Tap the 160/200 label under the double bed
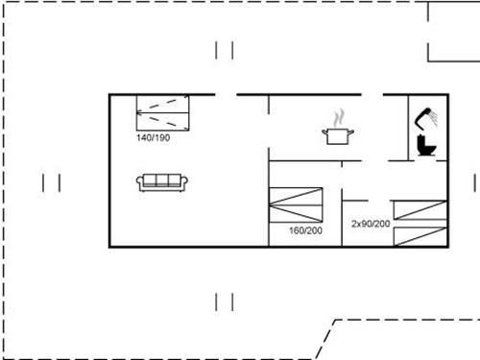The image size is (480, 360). [x=304, y=230]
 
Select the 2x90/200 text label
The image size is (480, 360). [x=371, y=224]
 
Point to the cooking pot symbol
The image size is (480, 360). [x=336, y=135]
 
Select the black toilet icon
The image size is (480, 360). [x=426, y=147]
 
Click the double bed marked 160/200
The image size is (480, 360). [x=298, y=204]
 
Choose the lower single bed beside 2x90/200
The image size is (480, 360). [x=420, y=237]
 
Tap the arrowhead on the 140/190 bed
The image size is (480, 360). [x=140, y=112]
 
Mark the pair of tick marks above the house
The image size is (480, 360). [x=225, y=50]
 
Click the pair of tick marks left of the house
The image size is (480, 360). [x=52, y=181]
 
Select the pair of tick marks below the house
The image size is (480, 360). [x=225, y=301]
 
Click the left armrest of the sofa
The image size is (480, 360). [x=141, y=182]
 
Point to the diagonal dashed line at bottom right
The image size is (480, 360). [x=326, y=337]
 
